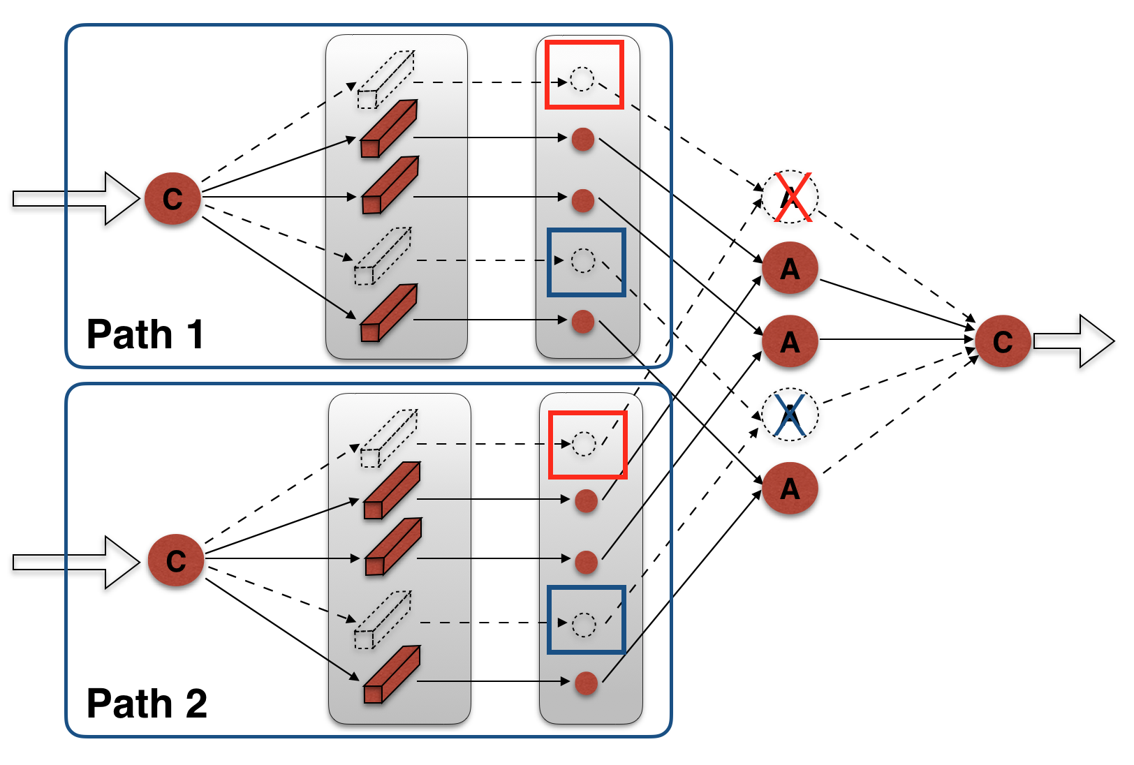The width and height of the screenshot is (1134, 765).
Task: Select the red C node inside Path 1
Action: (172, 198)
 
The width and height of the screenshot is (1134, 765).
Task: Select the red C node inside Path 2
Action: (176, 560)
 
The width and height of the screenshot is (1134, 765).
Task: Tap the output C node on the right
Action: (1003, 341)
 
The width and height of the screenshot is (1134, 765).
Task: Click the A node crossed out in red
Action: (790, 196)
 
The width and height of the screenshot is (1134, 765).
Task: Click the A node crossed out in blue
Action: (790, 415)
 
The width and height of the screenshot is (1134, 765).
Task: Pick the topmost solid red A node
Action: (790, 268)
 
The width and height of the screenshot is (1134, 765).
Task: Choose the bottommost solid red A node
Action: (790, 488)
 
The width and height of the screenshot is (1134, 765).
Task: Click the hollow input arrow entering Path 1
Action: (76, 198)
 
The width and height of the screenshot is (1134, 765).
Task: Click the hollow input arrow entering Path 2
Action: (76, 562)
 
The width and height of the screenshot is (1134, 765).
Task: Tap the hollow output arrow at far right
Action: (1074, 341)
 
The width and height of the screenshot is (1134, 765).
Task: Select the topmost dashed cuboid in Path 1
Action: (386, 80)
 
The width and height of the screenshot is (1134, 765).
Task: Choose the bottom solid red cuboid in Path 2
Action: (392, 674)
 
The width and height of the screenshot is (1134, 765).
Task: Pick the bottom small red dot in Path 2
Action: (587, 683)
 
